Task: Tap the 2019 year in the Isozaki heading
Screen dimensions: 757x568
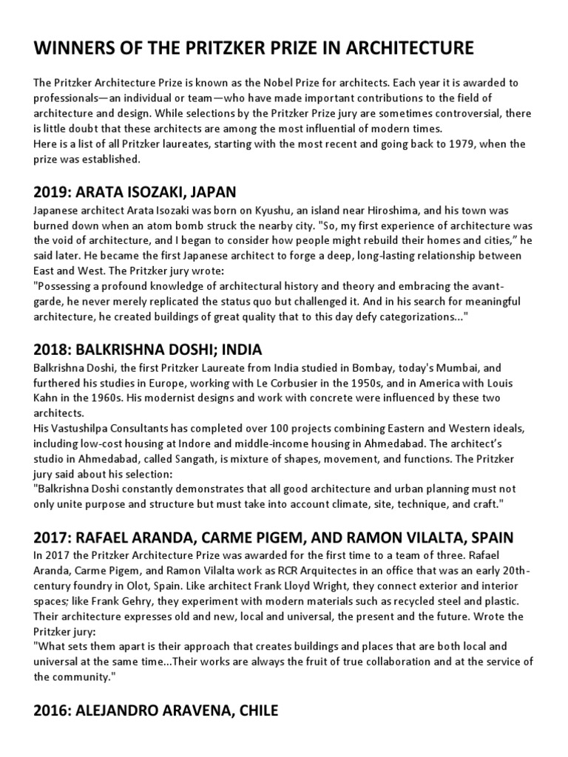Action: [50, 192]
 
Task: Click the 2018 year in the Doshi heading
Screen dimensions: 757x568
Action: [50, 349]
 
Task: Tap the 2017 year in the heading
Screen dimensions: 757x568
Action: [50, 537]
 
